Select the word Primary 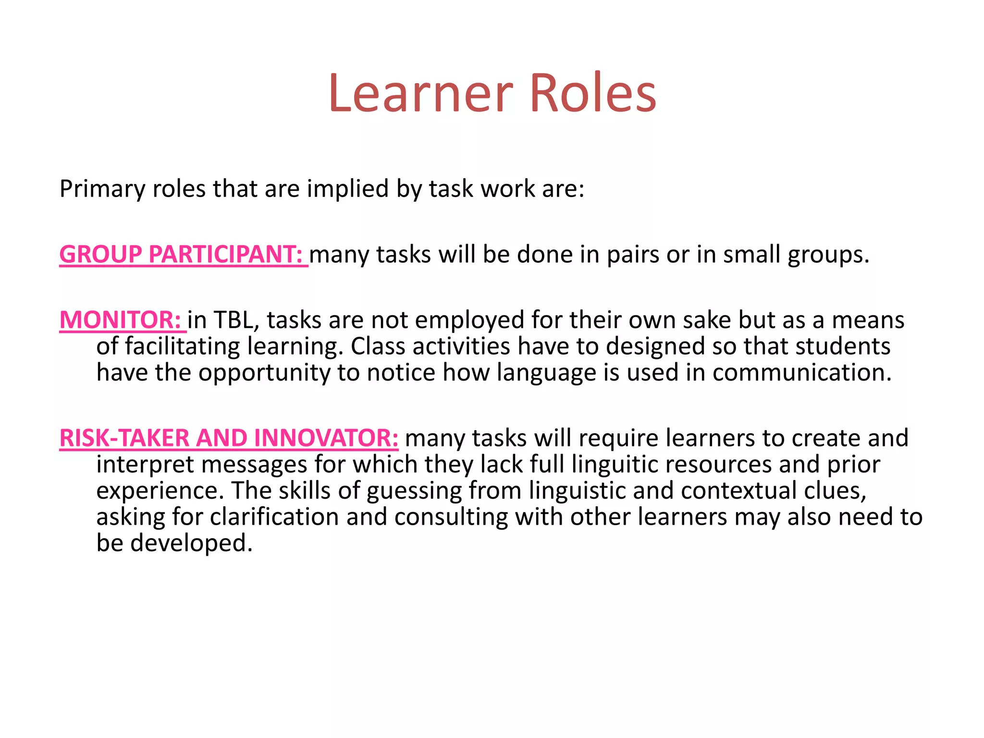(102, 189)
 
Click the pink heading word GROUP (100, 254)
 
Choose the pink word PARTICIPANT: (226, 254)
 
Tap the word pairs (633, 255)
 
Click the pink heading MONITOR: (120, 320)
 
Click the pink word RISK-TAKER (124, 438)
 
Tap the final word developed (191, 543)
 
